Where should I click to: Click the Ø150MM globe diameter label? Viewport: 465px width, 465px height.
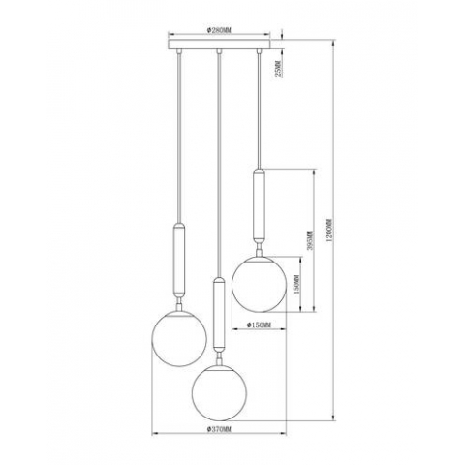point(258,324)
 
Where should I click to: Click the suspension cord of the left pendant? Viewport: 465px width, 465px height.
point(179,136)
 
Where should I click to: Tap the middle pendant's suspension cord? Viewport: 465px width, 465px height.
point(220,165)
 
